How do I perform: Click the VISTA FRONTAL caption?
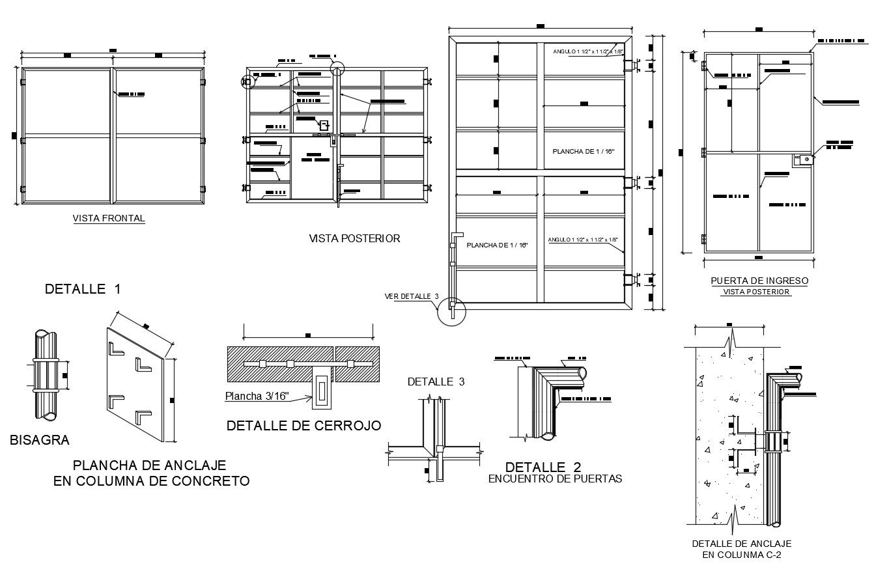(x=109, y=219)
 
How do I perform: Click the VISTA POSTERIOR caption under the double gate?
(x=354, y=239)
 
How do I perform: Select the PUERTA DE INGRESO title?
(x=759, y=281)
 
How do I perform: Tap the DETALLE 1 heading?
(x=82, y=289)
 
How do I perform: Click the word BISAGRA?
(x=40, y=441)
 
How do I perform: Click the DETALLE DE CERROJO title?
(x=303, y=426)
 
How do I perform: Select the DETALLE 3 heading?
(x=436, y=382)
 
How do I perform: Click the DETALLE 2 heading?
(x=543, y=467)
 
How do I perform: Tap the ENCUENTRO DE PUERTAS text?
(x=555, y=479)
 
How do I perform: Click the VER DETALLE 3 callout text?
(x=412, y=296)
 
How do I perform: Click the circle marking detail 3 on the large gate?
(x=452, y=311)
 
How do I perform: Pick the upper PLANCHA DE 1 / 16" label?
(x=583, y=151)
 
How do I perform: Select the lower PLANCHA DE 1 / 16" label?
(x=496, y=245)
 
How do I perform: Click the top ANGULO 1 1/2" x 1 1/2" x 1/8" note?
(x=587, y=51)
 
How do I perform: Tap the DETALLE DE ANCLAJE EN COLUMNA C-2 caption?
(x=741, y=549)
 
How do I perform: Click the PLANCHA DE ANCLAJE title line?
(x=149, y=466)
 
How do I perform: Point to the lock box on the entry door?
(x=802, y=160)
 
